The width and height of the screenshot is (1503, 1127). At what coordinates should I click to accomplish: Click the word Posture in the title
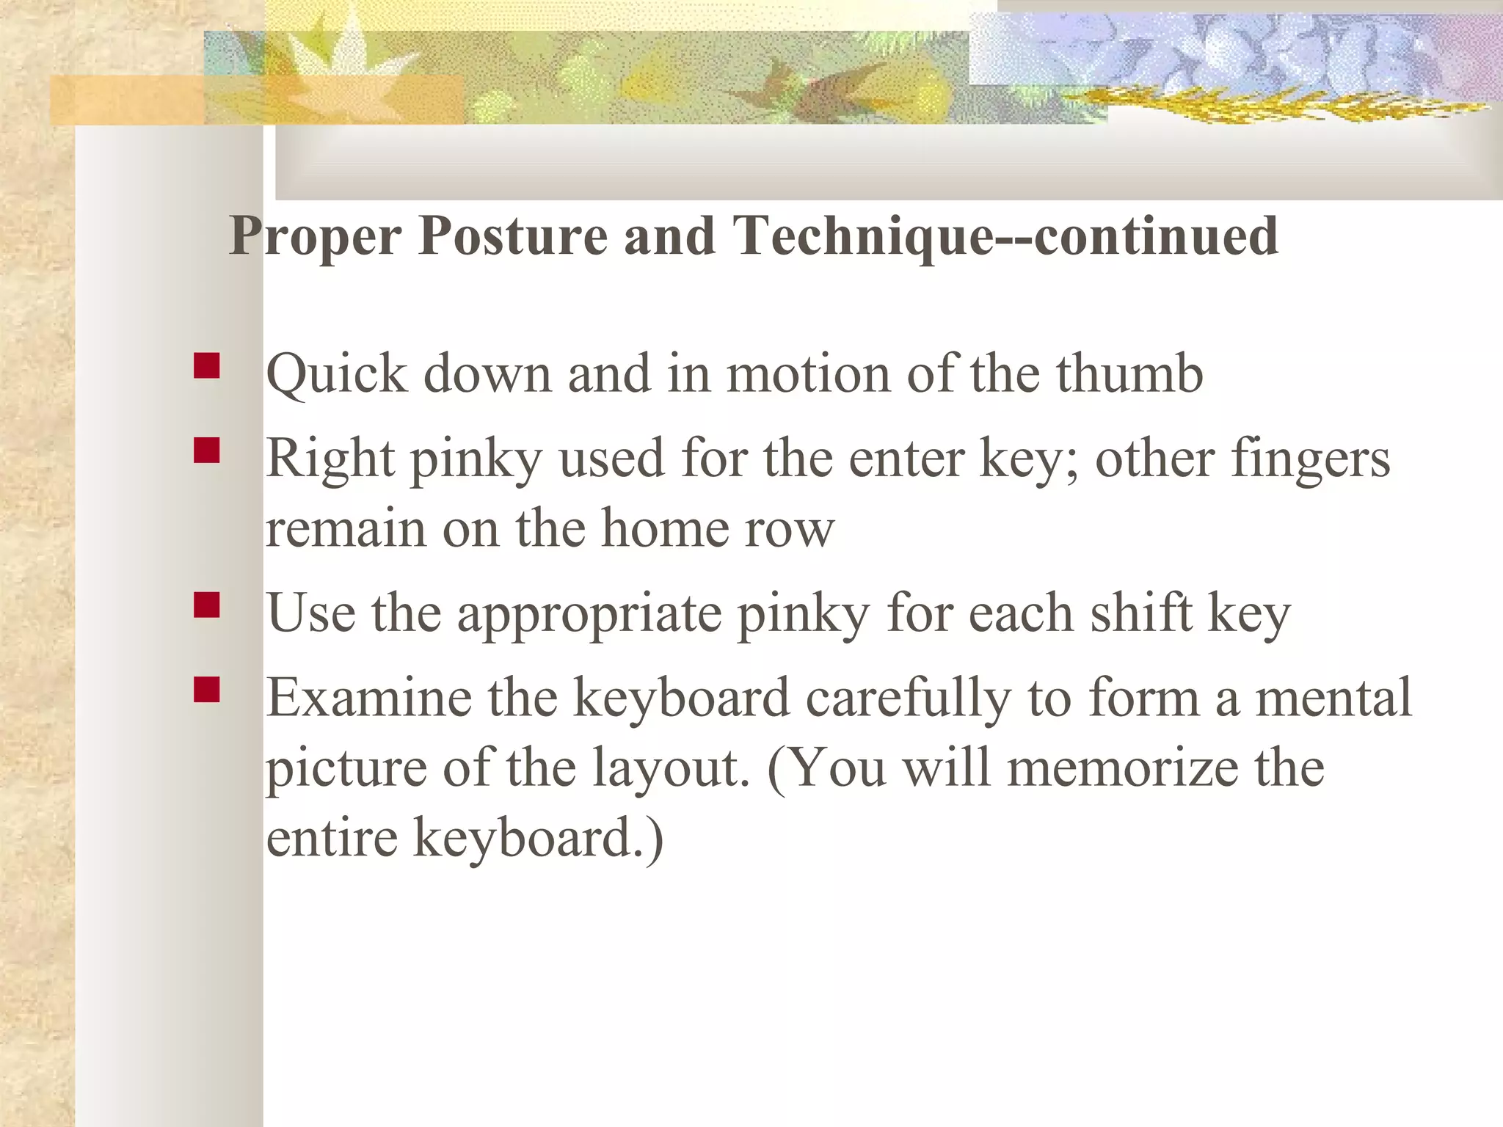click(x=513, y=236)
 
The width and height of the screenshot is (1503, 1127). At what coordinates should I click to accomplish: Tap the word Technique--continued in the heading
click(x=1006, y=236)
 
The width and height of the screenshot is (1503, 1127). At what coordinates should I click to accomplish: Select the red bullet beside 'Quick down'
click(x=207, y=365)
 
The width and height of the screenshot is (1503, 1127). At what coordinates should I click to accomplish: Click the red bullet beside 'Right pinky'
click(x=207, y=451)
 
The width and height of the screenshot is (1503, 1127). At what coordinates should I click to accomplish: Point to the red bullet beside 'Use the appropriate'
click(x=207, y=605)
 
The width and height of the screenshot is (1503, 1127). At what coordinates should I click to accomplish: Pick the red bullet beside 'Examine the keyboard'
click(x=207, y=690)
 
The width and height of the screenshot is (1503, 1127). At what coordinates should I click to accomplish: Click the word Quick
click(x=336, y=374)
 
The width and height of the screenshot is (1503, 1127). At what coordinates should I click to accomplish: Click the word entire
click(x=332, y=838)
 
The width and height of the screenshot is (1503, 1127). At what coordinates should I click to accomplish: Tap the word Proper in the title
click(x=315, y=236)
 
